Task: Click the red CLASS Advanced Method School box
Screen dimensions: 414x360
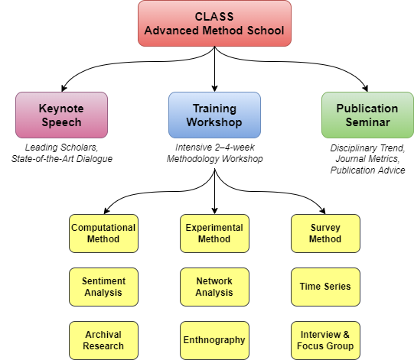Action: pyautogui.click(x=215, y=23)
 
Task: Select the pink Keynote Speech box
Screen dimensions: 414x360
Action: pyautogui.click(x=61, y=115)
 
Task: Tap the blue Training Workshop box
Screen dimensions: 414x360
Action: pyautogui.click(x=215, y=115)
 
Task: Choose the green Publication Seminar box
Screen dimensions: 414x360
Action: pyautogui.click(x=367, y=115)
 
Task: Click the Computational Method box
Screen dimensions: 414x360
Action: pyautogui.click(x=103, y=233)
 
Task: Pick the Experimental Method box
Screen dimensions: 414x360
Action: pyautogui.click(x=215, y=233)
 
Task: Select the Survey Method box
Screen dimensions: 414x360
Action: pyautogui.click(x=325, y=233)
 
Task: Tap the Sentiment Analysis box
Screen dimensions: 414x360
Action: pyautogui.click(x=103, y=287)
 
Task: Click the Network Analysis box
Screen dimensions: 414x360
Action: pyautogui.click(x=215, y=287)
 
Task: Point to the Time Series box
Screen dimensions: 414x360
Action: pyautogui.click(x=325, y=287)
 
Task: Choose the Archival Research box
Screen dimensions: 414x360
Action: pyautogui.click(x=103, y=340)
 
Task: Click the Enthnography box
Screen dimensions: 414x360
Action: pyautogui.click(x=215, y=340)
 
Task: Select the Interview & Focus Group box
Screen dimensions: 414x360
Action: pyautogui.click(x=325, y=340)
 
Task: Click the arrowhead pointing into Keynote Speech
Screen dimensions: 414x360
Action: pyautogui.click(x=64, y=89)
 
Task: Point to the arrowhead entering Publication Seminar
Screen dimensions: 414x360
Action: pyautogui.click(x=365, y=89)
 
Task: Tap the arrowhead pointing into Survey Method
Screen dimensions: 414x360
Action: pyautogui.click(x=323, y=211)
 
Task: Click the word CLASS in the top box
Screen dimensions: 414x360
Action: pyautogui.click(x=214, y=17)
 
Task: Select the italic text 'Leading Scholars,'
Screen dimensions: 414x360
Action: pyautogui.click(x=61, y=148)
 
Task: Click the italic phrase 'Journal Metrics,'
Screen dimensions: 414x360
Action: pyautogui.click(x=367, y=159)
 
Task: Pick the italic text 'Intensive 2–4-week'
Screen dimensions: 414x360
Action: pyautogui.click(x=215, y=148)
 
